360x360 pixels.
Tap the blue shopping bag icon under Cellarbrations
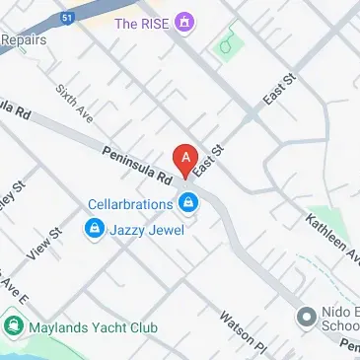tap(187, 204)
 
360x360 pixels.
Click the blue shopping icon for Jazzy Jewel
tap(95, 230)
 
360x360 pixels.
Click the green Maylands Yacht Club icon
tap(15, 322)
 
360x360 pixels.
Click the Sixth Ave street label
tap(75, 104)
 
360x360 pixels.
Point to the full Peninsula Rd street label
tap(136, 164)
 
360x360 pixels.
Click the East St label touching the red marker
tap(210, 161)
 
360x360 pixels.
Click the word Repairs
tap(24, 40)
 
